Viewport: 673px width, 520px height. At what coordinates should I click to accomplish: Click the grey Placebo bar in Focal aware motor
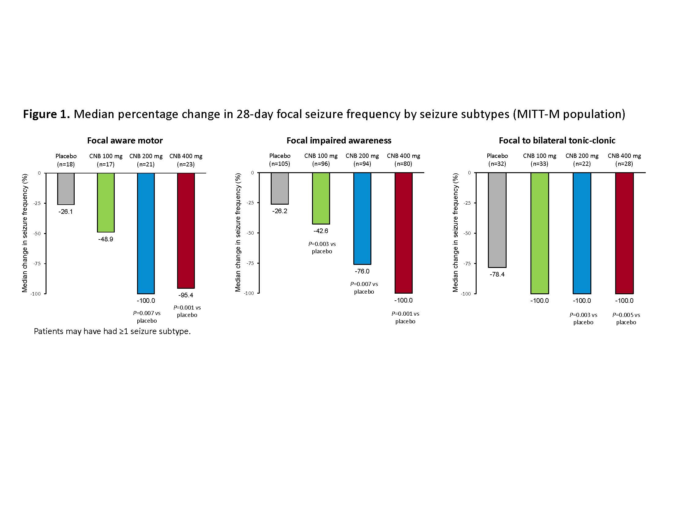pyautogui.click(x=66, y=188)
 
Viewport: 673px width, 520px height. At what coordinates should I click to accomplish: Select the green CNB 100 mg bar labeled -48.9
pyautogui.click(x=106, y=202)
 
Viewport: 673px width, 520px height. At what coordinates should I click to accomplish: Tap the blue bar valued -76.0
pyautogui.click(x=362, y=218)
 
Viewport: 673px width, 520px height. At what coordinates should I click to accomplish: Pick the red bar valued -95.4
pyautogui.click(x=186, y=230)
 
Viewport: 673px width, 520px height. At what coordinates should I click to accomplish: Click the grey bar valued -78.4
pyautogui.click(x=497, y=220)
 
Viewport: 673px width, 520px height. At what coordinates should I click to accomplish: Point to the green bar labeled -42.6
pyautogui.click(x=321, y=198)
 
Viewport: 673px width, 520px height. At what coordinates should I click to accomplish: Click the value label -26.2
pyautogui.click(x=280, y=211)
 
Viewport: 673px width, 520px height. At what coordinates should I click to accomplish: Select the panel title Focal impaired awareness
pyautogui.click(x=339, y=141)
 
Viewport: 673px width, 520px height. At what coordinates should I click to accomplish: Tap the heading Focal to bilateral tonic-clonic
pyautogui.click(x=557, y=141)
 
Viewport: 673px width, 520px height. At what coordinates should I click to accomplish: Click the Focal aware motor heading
pyautogui.click(x=125, y=141)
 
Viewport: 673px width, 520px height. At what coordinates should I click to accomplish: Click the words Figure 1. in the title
pyautogui.click(x=46, y=114)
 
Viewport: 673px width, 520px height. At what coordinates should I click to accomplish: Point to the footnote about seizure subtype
pyautogui.click(x=112, y=331)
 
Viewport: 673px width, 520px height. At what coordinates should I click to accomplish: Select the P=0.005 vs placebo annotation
pyautogui.click(x=626, y=318)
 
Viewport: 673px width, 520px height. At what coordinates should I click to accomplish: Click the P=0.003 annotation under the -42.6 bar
pyautogui.click(x=322, y=247)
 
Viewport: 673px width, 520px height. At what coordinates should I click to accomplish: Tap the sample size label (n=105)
pyautogui.click(x=280, y=164)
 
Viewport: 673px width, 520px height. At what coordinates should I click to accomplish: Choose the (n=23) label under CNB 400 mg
pyautogui.click(x=186, y=164)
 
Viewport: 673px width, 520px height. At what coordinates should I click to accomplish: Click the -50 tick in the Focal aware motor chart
pyautogui.click(x=37, y=233)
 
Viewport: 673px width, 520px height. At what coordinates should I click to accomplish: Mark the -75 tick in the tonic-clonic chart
pyautogui.click(x=467, y=264)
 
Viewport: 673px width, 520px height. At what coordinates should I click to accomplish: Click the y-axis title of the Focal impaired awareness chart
pyautogui.click(x=238, y=232)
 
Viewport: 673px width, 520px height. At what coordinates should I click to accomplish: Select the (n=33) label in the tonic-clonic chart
pyautogui.click(x=539, y=164)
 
